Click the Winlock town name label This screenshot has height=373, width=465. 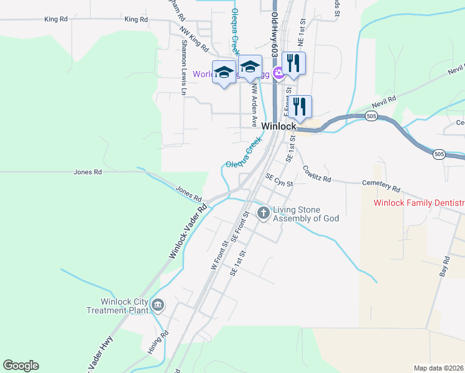tap(279, 126)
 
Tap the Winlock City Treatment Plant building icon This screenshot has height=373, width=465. tap(157, 305)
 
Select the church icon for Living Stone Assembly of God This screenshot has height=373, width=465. tap(264, 213)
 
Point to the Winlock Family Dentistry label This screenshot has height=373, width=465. tap(419, 203)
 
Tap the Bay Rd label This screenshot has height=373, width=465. tap(444, 265)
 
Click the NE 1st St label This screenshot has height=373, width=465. tap(303, 35)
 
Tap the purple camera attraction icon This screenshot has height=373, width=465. tap(278, 74)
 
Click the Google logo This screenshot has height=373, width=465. tap(21, 366)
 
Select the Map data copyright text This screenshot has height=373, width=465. tap(438, 368)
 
